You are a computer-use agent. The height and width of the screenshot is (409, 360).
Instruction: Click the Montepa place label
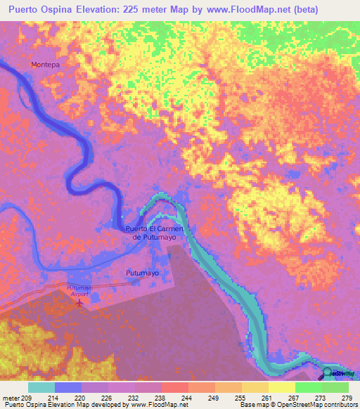(x=44, y=65)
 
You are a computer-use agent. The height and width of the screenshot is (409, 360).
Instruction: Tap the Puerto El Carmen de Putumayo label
(x=154, y=233)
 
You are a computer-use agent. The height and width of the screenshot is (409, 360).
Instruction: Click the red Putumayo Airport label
(x=79, y=291)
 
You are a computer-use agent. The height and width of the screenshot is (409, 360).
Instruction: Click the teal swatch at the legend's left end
(x=41, y=387)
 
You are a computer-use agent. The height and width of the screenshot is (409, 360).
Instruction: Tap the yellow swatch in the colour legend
(x=282, y=387)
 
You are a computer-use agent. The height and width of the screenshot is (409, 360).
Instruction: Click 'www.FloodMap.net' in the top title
(x=224, y=10)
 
